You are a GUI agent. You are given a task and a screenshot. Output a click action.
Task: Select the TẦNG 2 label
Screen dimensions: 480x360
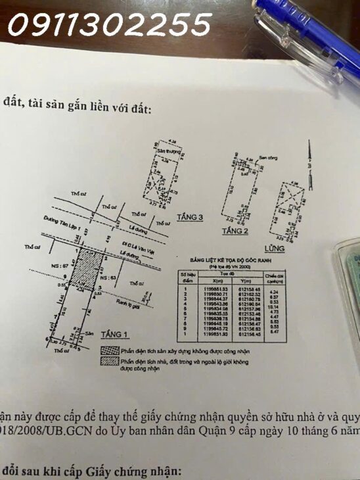[234, 231]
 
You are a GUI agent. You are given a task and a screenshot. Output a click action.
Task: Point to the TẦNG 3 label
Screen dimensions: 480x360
[191, 217]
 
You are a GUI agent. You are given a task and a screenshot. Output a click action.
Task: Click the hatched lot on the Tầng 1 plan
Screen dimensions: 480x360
[87, 271]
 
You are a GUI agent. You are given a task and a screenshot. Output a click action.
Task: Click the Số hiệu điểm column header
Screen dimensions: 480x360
[187, 277]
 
